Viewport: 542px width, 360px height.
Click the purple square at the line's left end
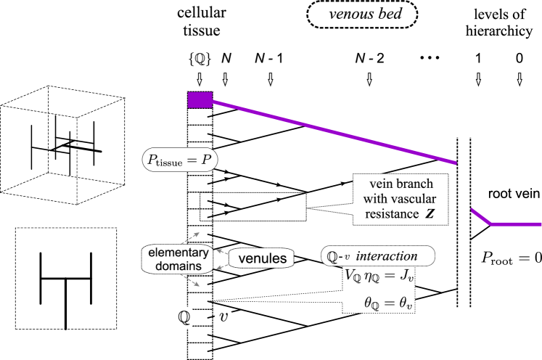point(200,100)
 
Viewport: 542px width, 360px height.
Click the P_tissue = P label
point(179,160)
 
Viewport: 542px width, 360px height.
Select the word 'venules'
point(261,258)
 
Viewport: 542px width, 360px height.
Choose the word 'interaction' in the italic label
point(387,256)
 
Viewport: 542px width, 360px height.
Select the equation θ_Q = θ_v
point(388,302)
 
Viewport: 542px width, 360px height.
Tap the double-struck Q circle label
point(184,317)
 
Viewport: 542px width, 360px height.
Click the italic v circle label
point(224,317)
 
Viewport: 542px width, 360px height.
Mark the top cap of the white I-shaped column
point(464,130)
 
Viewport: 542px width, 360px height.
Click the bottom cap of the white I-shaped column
point(464,315)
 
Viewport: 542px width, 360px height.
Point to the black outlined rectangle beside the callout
point(252,207)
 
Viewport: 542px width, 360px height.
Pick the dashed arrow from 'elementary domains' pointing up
point(191,239)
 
